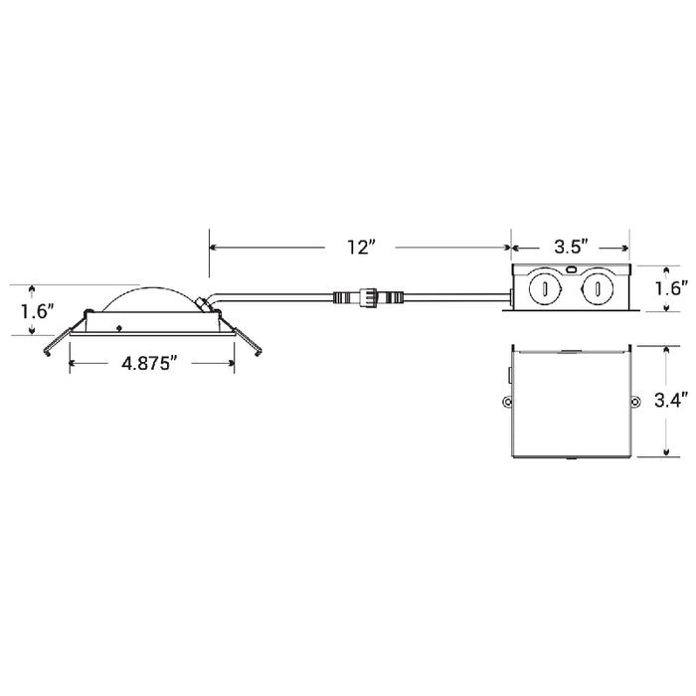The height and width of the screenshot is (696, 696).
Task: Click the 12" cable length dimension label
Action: [362, 247]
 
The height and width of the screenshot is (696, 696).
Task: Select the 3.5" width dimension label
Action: [572, 247]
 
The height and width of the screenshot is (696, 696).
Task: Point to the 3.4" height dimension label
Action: [671, 401]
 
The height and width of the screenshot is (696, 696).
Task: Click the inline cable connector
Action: [368, 295]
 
